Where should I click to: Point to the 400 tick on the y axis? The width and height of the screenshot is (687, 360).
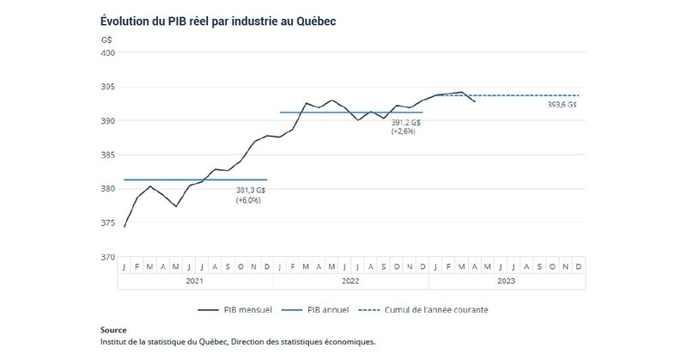coord(107,53)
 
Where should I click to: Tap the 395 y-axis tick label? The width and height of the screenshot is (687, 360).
coord(107,87)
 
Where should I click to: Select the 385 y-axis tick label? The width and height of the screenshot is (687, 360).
coord(107,155)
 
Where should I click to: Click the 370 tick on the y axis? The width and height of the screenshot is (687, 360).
coord(107,257)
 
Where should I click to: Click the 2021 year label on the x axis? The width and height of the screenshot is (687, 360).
coord(195,280)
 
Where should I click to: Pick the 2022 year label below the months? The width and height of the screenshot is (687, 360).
coord(350,280)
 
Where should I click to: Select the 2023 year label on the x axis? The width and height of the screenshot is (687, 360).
coord(506,280)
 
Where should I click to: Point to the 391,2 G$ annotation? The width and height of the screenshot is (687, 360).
coord(405,123)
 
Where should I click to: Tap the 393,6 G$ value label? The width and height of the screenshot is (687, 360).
coord(562,105)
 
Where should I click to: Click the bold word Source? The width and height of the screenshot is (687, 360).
coord(113,330)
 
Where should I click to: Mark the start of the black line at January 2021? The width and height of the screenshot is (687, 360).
coord(125,227)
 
